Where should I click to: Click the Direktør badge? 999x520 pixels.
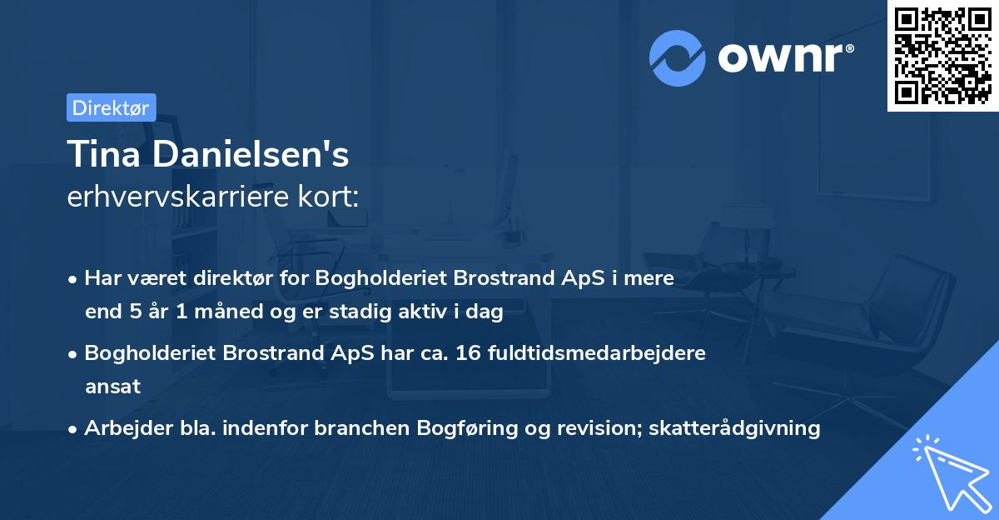coord(111,107)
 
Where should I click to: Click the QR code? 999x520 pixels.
coord(943,55)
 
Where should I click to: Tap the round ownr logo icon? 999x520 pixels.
coord(678,57)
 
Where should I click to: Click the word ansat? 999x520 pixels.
coord(112,387)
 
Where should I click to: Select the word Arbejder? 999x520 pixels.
coord(122,428)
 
